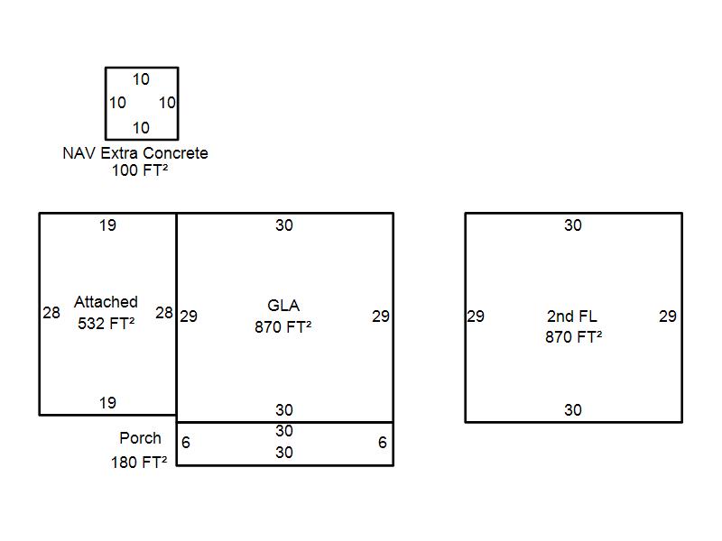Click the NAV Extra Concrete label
coord(135,153)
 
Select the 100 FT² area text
coord(140,170)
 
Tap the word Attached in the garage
coord(106,302)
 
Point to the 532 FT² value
coord(106,324)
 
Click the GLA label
coord(283,306)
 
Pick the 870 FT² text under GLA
coord(283,327)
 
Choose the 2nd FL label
coord(572,316)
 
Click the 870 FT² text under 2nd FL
coord(574,336)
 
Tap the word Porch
coord(141,438)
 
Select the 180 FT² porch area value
coord(139,462)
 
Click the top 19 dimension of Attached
coord(107,225)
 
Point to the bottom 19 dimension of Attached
coord(107,403)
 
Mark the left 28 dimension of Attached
coord(51,313)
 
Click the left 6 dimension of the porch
coord(186,443)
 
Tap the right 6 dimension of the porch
coord(382,443)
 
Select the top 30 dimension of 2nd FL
coord(573,225)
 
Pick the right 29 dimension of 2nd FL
coord(668,316)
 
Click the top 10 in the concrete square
coord(141,79)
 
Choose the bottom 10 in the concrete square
coord(141,128)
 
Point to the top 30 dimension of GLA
coord(284,225)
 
